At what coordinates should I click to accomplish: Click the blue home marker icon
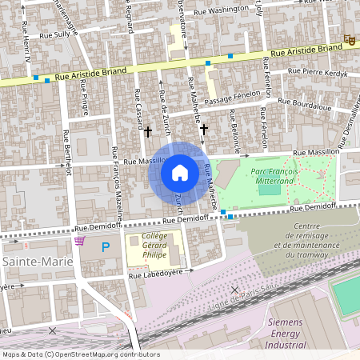point(180,172)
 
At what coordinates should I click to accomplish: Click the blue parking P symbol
point(106,249)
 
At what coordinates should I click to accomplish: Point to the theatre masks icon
point(349,39)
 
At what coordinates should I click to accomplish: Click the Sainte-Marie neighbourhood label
point(37,262)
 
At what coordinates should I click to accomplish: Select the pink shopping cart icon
point(78,240)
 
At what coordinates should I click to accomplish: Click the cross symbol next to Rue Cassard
point(147,130)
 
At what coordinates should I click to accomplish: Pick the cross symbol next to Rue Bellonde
point(204,129)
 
